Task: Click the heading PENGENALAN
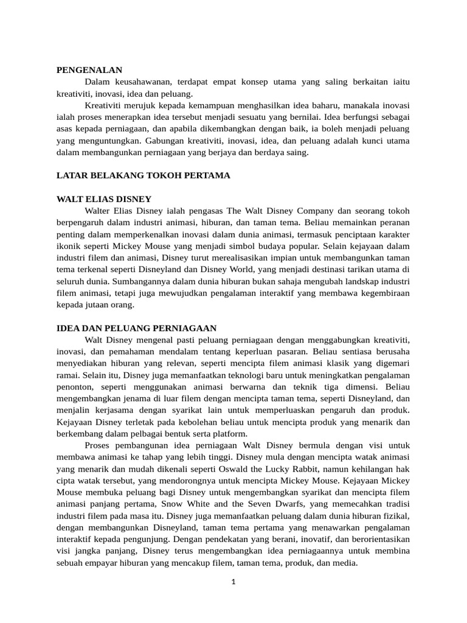coord(89,71)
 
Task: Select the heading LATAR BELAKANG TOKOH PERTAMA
coord(144,175)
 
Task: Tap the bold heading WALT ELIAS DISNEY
coord(104,199)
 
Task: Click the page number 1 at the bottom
coord(233,582)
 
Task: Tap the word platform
coord(230,433)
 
